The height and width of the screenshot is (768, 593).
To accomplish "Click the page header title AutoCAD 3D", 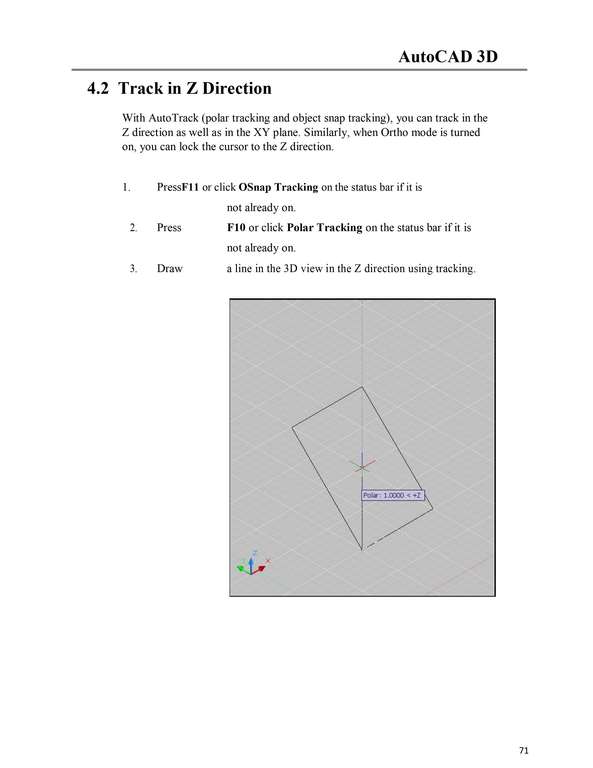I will (x=448, y=57).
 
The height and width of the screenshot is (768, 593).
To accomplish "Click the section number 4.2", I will (x=98, y=88).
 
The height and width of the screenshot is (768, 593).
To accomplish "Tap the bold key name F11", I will (x=190, y=187).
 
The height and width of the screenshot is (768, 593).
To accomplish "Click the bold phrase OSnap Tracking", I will (x=278, y=187).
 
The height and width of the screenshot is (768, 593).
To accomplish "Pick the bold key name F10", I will (x=236, y=228).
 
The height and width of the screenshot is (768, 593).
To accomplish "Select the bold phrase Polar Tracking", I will (x=324, y=228).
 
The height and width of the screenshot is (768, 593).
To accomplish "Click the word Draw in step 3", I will (x=170, y=268).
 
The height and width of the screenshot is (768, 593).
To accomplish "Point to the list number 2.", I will (x=133, y=228).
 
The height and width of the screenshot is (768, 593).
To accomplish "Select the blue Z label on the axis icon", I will (x=255, y=552).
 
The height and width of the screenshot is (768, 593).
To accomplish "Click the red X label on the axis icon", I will (x=268, y=561).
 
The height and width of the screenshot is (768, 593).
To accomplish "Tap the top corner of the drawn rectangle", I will (x=362, y=387).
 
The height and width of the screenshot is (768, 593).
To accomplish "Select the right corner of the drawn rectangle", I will (x=433, y=509).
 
